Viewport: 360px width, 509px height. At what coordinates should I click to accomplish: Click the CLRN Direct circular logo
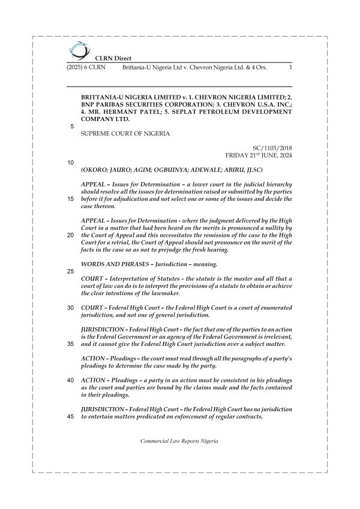click(x=78, y=50)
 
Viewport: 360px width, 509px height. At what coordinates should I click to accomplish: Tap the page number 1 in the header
click(x=290, y=68)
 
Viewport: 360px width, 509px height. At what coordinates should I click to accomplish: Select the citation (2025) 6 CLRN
click(x=86, y=68)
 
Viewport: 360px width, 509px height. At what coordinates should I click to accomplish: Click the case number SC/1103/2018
click(x=272, y=147)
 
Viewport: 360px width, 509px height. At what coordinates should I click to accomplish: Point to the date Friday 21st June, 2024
click(x=259, y=155)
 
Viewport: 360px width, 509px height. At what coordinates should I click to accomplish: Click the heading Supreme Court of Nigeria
click(x=125, y=133)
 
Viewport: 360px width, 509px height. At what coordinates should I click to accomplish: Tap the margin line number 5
click(x=72, y=127)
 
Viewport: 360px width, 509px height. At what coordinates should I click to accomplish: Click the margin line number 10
click(x=71, y=162)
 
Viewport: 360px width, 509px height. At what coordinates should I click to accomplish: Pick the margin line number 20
click(x=71, y=235)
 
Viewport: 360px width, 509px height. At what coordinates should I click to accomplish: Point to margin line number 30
click(x=71, y=308)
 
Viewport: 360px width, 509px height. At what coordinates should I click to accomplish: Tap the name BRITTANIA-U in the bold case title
click(x=106, y=97)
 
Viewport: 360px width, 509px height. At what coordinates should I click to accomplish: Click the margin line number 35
click(x=71, y=344)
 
